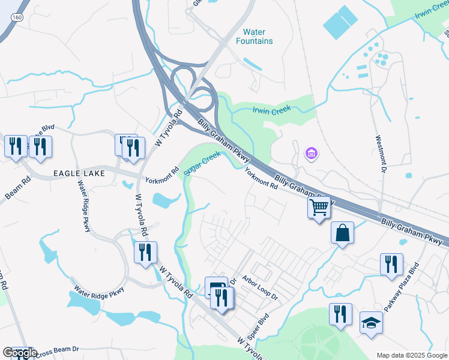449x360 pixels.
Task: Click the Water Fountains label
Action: point(258,37)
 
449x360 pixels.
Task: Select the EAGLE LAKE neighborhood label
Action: point(79,173)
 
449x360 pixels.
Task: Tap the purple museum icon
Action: point(312,155)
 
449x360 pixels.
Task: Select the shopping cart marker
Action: point(319,208)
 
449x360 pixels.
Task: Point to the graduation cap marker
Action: point(371,322)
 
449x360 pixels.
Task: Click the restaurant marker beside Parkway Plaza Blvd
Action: point(391,264)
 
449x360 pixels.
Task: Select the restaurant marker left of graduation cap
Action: point(340,314)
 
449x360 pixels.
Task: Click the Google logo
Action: point(19,353)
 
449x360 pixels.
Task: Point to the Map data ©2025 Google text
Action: point(411,355)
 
